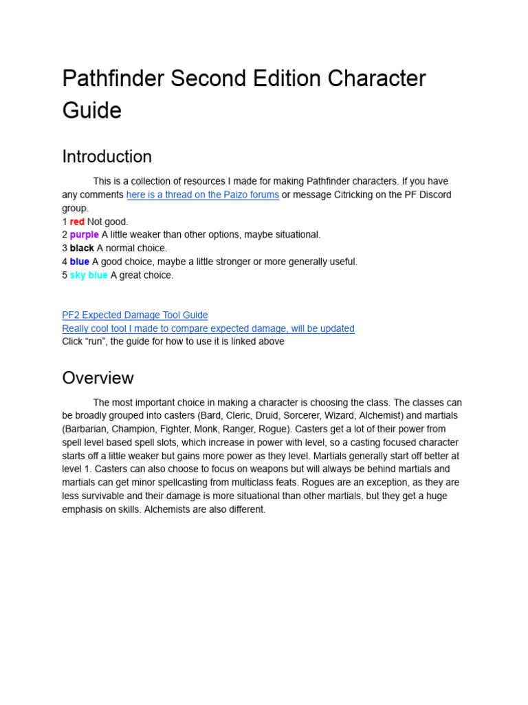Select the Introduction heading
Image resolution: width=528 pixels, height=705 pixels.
coord(107,156)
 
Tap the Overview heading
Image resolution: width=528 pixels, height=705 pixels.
coord(98,378)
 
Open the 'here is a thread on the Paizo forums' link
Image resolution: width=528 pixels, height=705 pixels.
coord(203,195)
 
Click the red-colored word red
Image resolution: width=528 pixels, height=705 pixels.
coord(77,222)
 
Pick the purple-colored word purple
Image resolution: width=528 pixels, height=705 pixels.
coord(84,235)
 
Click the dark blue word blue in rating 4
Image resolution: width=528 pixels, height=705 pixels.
coord(79,262)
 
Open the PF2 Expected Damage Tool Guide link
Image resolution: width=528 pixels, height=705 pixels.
coord(135,315)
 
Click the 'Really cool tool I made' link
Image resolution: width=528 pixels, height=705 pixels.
coord(208,328)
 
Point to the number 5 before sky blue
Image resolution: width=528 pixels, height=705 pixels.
coord(65,275)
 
